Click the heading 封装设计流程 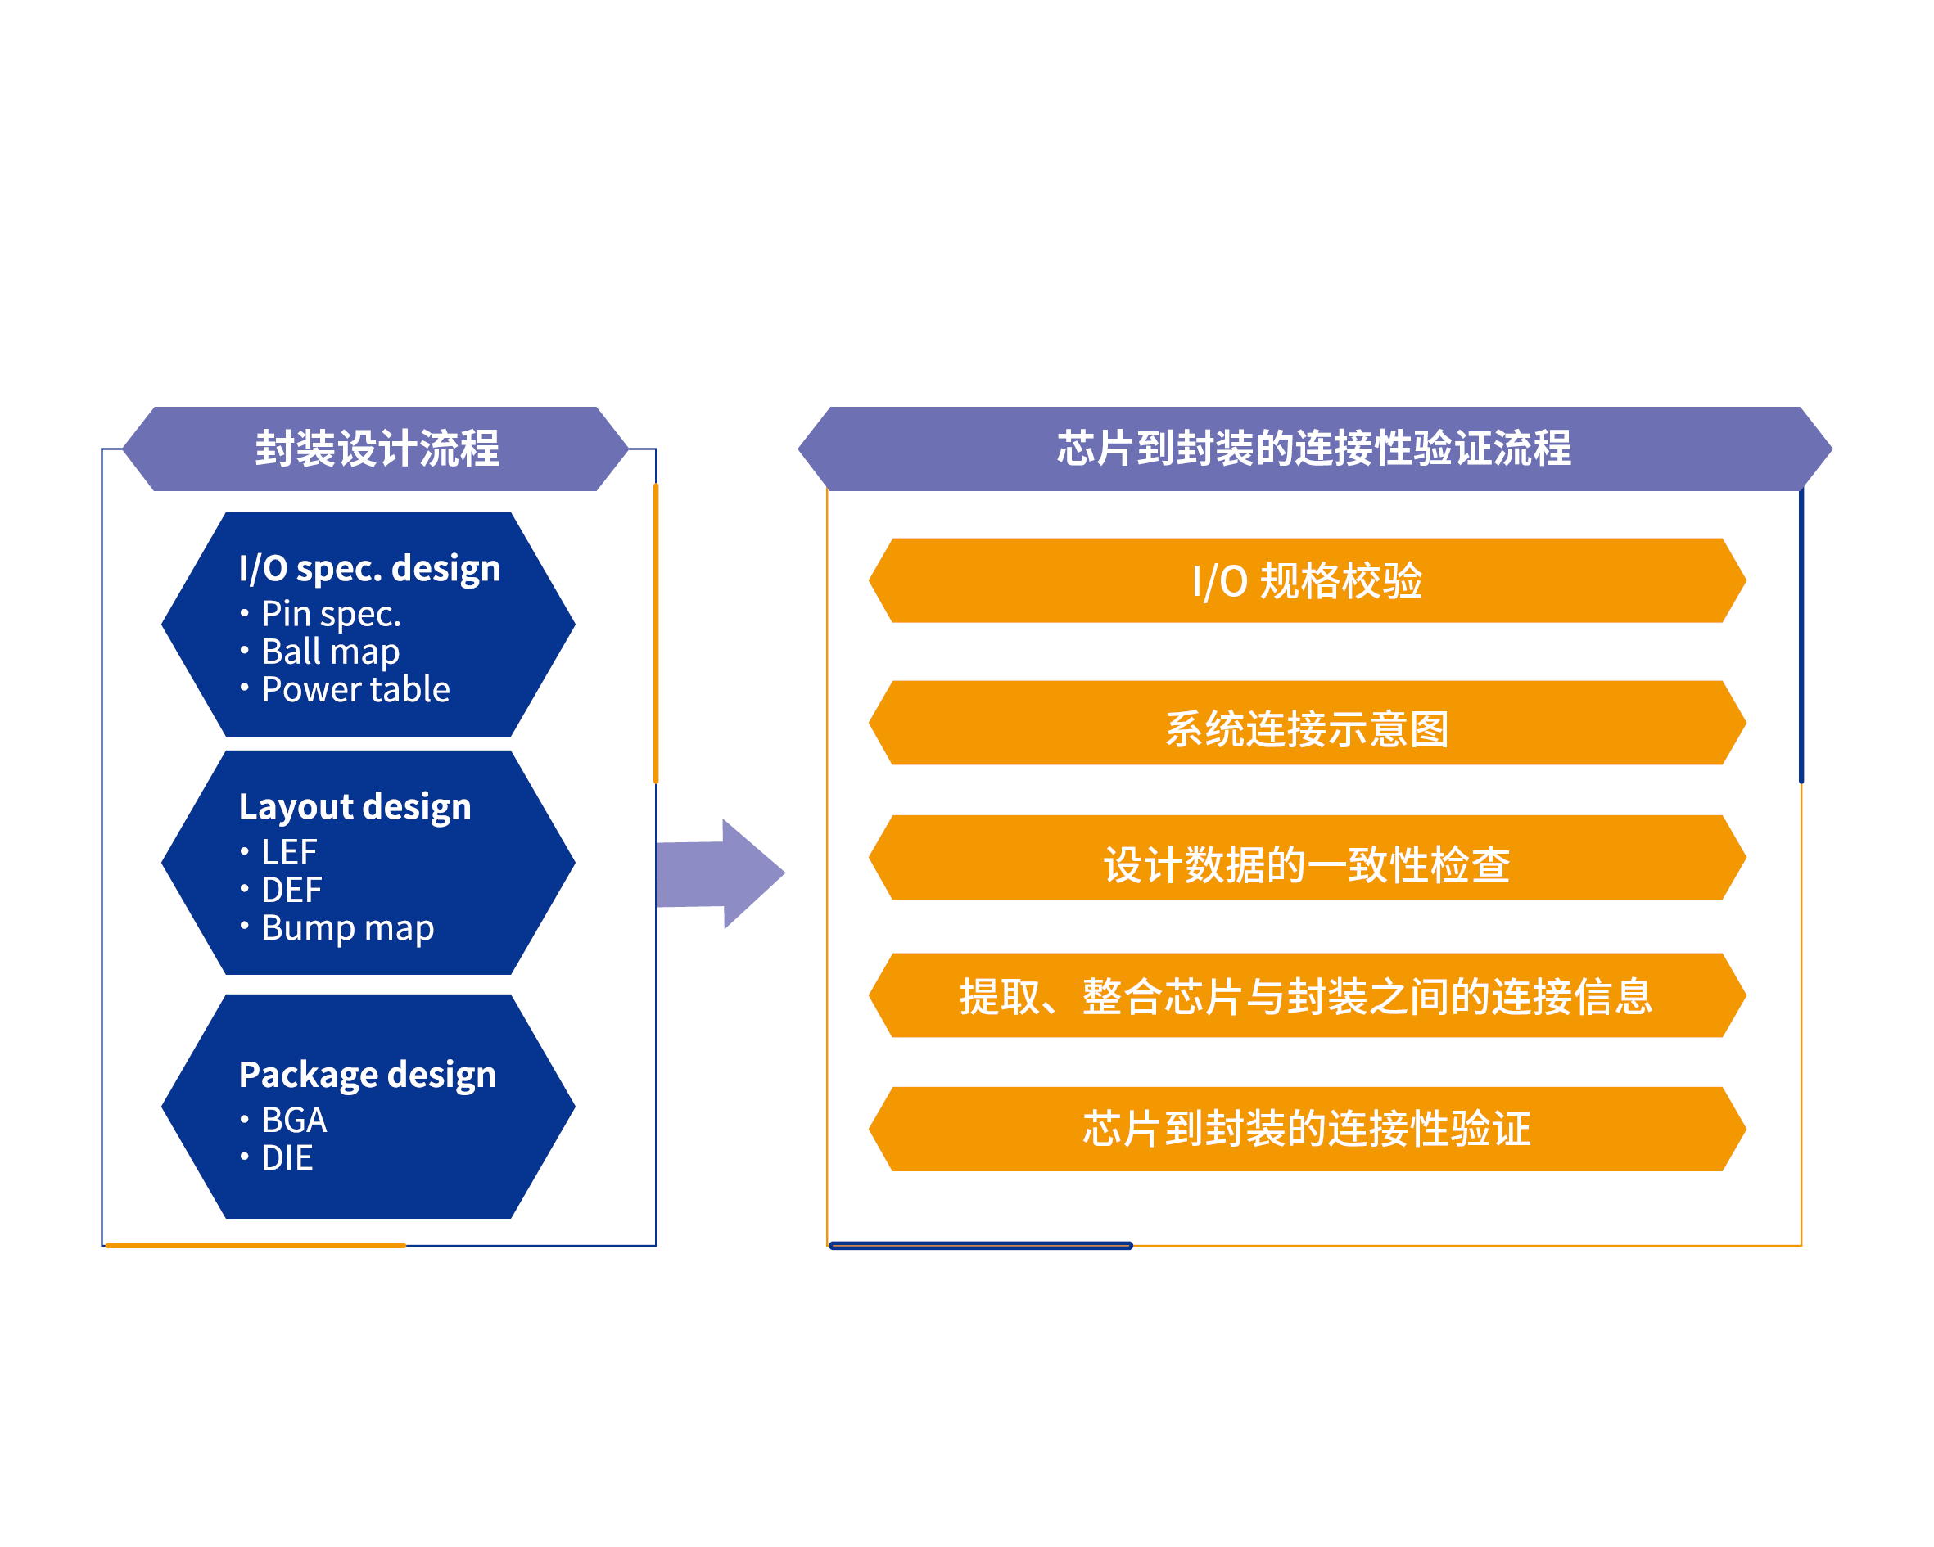click(x=376, y=449)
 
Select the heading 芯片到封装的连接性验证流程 click(x=1313, y=449)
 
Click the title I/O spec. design click(x=369, y=569)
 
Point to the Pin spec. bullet click(x=330, y=615)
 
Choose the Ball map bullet click(x=330, y=652)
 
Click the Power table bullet click(x=355, y=690)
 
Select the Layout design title click(x=355, y=806)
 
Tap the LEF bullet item click(x=289, y=852)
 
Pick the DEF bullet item click(x=291, y=890)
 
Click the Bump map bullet click(x=347, y=927)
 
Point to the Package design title click(x=367, y=1075)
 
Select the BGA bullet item click(x=293, y=1120)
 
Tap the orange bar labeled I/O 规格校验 click(x=1307, y=580)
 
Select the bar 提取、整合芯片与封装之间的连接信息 click(x=1307, y=995)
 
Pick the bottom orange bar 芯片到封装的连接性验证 click(x=1307, y=1129)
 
